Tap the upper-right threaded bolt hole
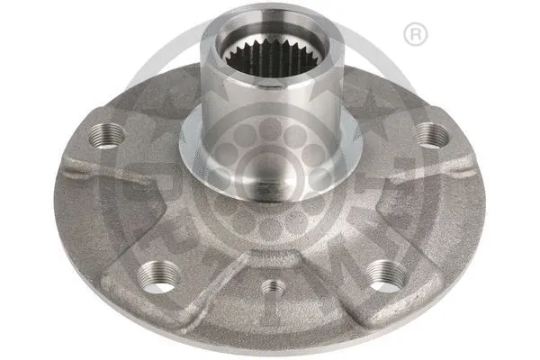click(432, 135)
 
